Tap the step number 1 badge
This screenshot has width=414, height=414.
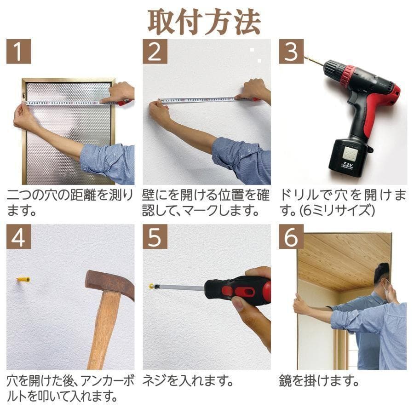19,52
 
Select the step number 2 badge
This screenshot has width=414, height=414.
155,52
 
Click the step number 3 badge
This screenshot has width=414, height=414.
291,52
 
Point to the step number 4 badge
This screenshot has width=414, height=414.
19,236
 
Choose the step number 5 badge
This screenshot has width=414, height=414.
155,236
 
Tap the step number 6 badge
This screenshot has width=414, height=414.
291,236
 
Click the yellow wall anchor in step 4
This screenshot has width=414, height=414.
23,280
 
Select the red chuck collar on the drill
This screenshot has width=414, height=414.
349,76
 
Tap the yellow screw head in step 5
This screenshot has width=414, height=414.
151,286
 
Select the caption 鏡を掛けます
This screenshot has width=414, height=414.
318,381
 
